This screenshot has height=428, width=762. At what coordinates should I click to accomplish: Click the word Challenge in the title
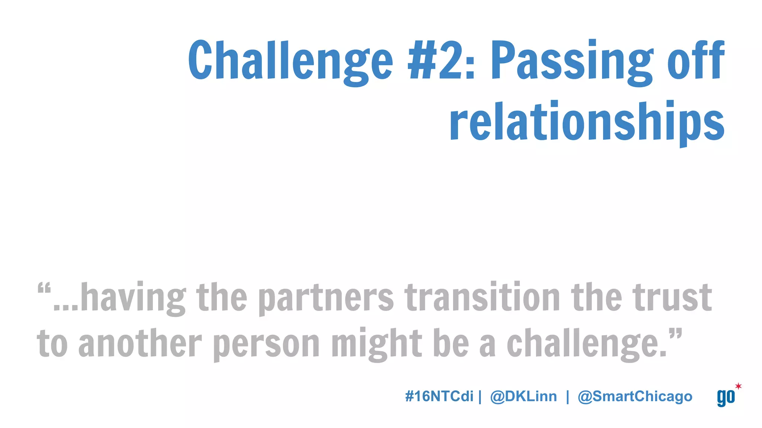click(290, 61)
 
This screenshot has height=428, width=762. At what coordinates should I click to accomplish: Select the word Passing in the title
click(571, 61)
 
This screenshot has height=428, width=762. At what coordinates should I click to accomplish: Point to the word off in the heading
click(696, 59)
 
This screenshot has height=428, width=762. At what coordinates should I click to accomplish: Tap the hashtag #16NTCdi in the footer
click(439, 396)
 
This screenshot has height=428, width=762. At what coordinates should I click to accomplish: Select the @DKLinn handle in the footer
click(524, 396)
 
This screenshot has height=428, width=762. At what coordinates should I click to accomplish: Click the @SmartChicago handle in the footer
click(635, 397)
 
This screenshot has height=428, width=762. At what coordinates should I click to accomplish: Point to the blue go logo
click(726, 398)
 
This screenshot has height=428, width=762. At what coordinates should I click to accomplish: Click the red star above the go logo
click(738, 386)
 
